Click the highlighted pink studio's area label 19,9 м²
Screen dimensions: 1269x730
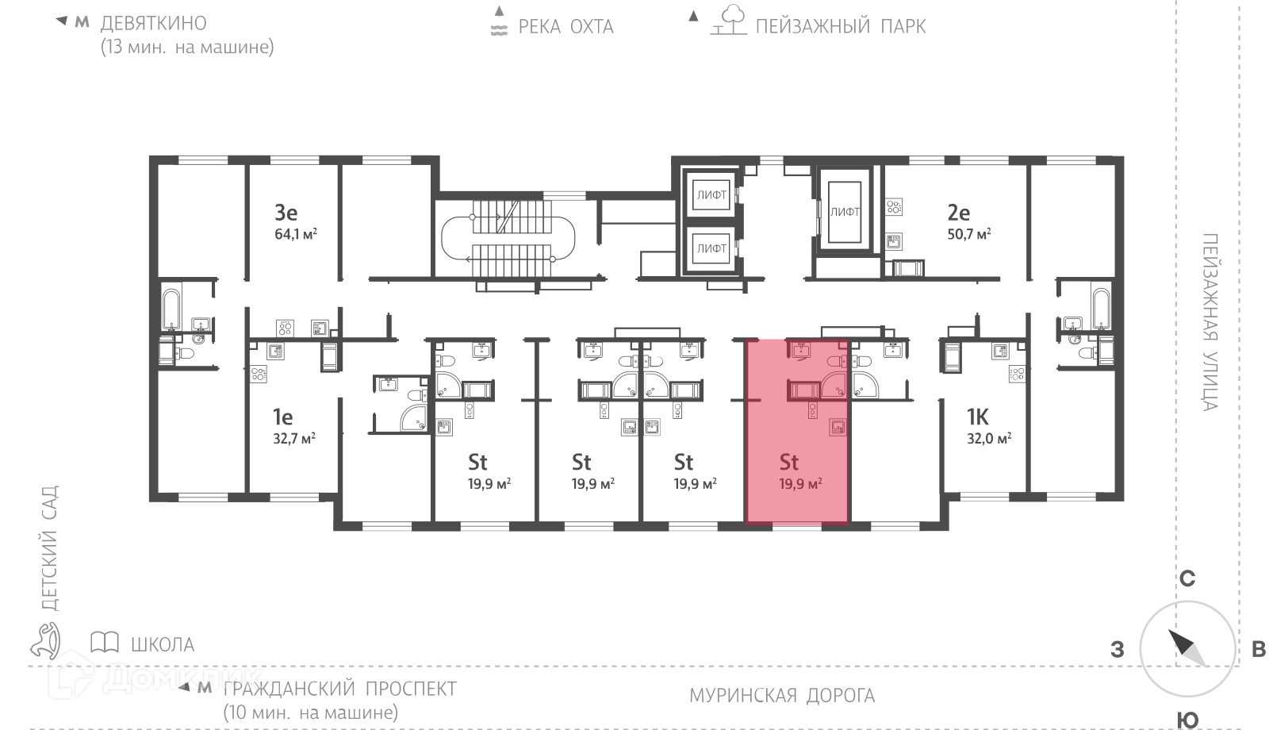(x=800, y=484)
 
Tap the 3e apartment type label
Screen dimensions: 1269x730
(x=286, y=213)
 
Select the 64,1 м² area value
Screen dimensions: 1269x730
(x=296, y=233)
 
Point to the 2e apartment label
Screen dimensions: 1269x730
(x=959, y=213)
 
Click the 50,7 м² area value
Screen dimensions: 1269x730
(x=969, y=233)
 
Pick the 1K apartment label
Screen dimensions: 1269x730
(x=978, y=417)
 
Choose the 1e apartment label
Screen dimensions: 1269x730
(x=282, y=417)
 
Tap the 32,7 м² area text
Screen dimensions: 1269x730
(x=294, y=438)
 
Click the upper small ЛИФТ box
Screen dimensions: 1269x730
(x=711, y=194)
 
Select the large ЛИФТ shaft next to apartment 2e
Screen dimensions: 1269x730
(x=845, y=212)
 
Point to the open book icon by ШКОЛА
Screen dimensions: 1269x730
(x=105, y=642)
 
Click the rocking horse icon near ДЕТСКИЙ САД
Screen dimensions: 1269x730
(x=45, y=640)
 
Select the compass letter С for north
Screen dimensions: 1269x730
(x=1187, y=578)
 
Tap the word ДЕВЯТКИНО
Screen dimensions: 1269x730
(x=154, y=23)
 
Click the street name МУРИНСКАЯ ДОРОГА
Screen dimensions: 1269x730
(x=782, y=695)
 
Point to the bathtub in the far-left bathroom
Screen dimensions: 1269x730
(x=171, y=309)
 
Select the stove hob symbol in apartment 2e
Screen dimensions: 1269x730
(x=894, y=207)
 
